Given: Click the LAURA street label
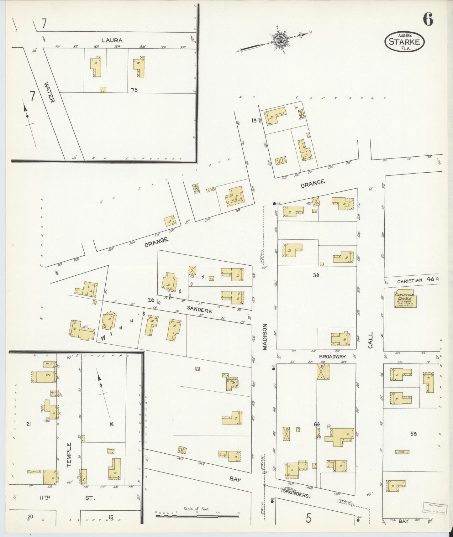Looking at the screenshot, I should click(x=112, y=40).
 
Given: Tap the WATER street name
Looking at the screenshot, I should click(x=50, y=92).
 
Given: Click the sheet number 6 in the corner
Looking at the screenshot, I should click(x=428, y=20).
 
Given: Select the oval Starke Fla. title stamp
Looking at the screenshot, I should click(x=404, y=42).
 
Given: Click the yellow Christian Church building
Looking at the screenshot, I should click(x=406, y=300).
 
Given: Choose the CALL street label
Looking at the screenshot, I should click(x=371, y=340).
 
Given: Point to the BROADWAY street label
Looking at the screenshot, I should click(x=332, y=357).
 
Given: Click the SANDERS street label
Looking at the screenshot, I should click(x=199, y=310).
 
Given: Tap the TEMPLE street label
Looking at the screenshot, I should click(x=69, y=455).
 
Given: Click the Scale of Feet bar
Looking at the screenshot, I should click(x=197, y=515).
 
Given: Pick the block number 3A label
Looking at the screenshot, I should click(x=316, y=275).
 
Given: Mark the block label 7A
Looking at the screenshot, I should click(x=134, y=90).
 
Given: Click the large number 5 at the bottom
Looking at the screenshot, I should click(x=308, y=519).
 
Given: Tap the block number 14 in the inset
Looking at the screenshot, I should click(x=111, y=425).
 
